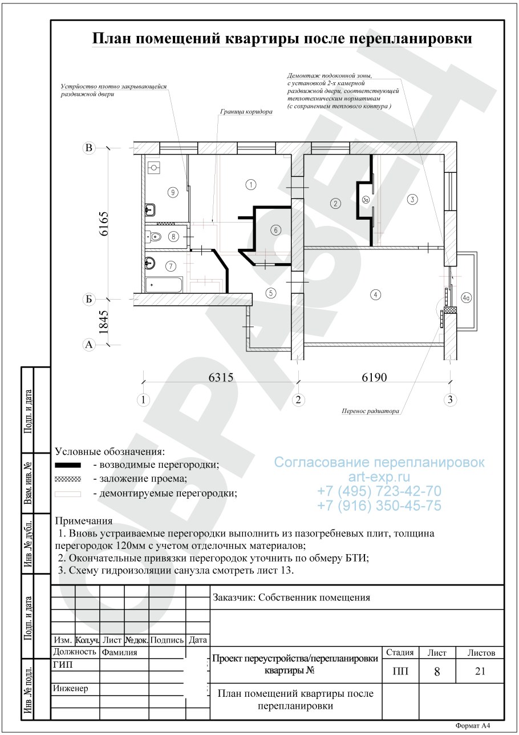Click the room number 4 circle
(375, 294)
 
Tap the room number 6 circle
(275, 230)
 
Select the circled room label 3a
(366, 200)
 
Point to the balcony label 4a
(466, 298)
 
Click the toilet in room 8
(153, 237)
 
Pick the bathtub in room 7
(164, 285)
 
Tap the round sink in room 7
(150, 263)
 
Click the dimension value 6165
(104, 224)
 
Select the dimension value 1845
(104, 322)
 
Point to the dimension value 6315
(221, 377)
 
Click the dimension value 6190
(374, 377)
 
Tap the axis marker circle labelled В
(89, 148)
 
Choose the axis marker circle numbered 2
(298, 399)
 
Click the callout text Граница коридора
(246, 112)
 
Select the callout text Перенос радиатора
(371, 411)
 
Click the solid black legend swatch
(68, 465)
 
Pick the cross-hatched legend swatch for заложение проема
(68, 479)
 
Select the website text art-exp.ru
(379, 476)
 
